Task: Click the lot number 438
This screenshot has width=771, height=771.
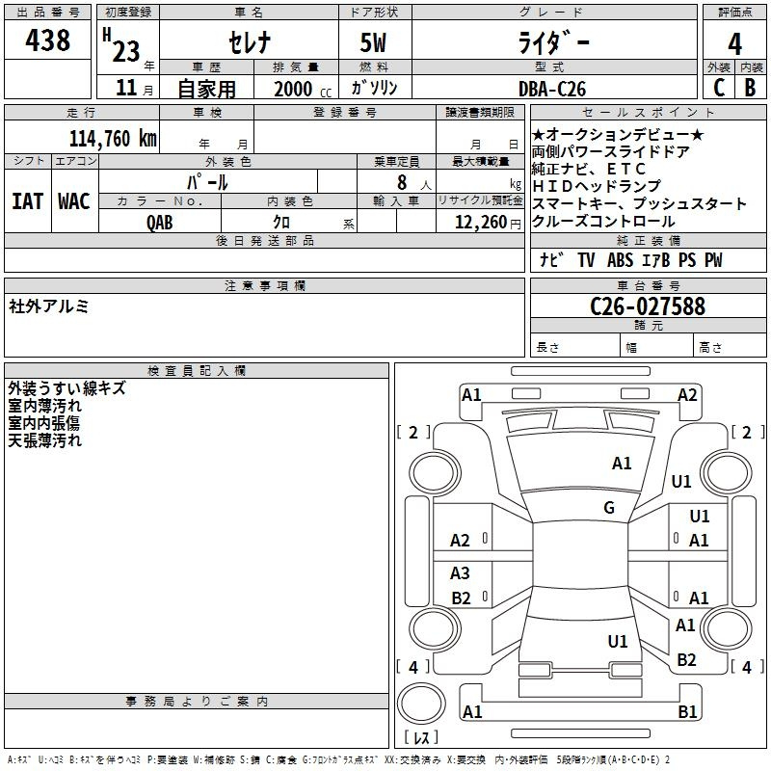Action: tap(47, 40)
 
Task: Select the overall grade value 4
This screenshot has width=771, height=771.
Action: tap(734, 44)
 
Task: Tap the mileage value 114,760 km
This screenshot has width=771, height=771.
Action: tap(113, 139)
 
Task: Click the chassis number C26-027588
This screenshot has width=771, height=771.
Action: tap(648, 306)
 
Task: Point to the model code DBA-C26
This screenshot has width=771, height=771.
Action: tap(552, 89)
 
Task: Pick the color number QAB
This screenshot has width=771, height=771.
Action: tap(160, 223)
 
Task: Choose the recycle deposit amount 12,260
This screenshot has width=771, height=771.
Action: tap(480, 223)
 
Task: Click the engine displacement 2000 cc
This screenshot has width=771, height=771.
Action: tap(303, 89)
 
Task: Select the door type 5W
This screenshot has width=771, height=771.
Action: tap(373, 42)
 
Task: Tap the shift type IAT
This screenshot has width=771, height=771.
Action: tap(28, 201)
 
